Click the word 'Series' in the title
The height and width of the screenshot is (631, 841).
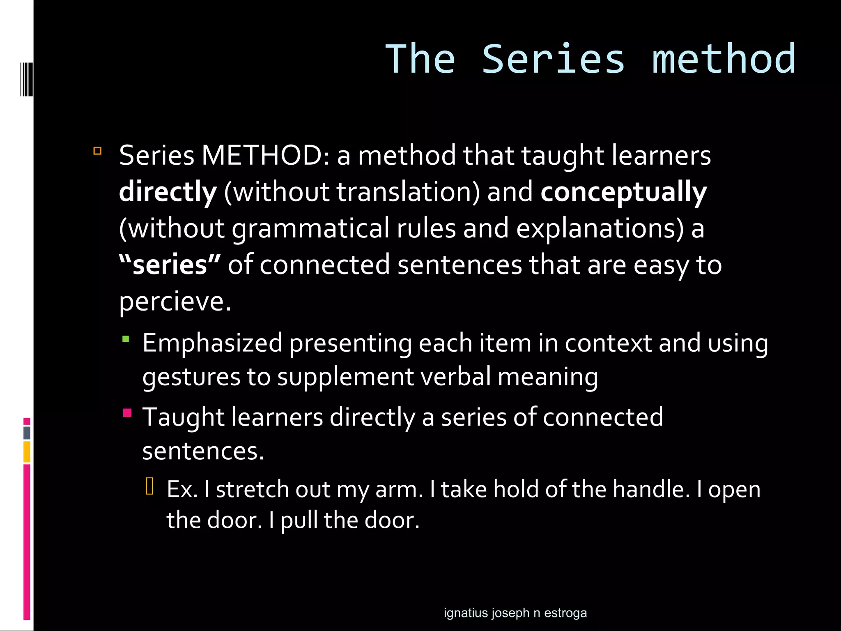pyautogui.click(x=553, y=60)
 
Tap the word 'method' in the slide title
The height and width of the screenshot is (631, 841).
pyautogui.click(x=724, y=60)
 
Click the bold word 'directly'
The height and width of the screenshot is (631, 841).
pyautogui.click(x=168, y=192)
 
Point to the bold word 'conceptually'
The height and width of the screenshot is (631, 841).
pyautogui.click(x=624, y=192)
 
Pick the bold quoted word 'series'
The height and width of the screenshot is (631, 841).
pyautogui.click(x=170, y=265)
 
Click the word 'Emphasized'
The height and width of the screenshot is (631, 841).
pyautogui.click(x=212, y=343)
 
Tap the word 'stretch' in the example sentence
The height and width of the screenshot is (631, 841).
pyautogui.click(x=252, y=489)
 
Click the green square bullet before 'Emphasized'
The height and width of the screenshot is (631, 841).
pyautogui.click(x=126, y=339)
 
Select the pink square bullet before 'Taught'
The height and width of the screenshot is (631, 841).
pyautogui.click(x=127, y=413)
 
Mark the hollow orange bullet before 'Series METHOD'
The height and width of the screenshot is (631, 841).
pyautogui.click(x=97, y=151)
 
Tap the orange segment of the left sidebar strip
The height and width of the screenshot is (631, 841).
pyautogui.click(x=27, y=452)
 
